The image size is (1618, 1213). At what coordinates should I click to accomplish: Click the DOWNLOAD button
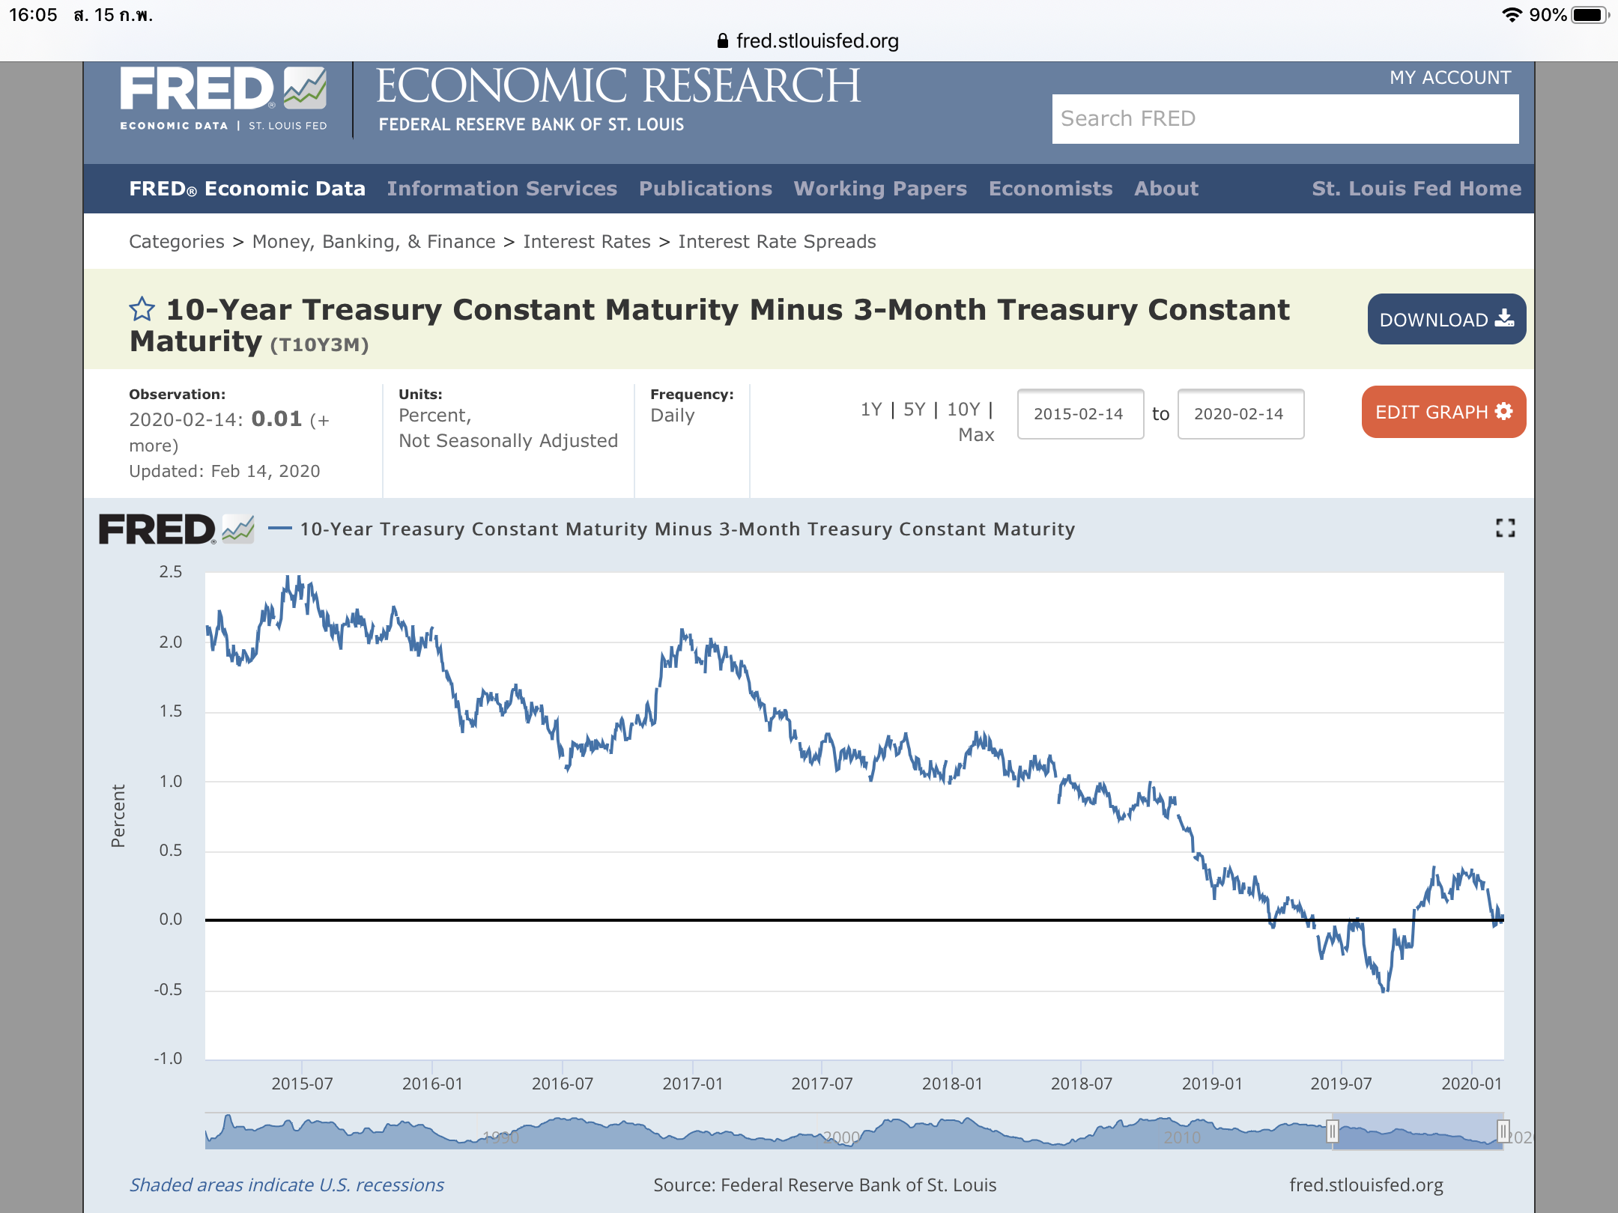[1446, 319]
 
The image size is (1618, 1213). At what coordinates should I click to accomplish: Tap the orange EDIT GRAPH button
[1443, 412]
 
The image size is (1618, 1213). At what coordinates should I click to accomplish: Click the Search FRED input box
[1285, 119]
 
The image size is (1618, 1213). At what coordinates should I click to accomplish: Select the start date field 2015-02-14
[1079, 414]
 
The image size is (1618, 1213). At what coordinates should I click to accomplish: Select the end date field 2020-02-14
[1240, 414]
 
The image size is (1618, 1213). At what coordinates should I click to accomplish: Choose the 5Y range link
[914, 410]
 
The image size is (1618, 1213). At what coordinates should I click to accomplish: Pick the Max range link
[976, 435]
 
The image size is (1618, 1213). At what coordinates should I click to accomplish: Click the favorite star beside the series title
[142, 309]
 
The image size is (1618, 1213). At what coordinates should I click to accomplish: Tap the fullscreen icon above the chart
[1505, 528]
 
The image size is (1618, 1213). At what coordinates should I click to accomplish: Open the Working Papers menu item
[880, 189]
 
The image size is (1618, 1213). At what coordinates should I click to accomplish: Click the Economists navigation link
[1050, 189]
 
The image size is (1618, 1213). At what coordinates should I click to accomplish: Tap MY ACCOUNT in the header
[1449, 78]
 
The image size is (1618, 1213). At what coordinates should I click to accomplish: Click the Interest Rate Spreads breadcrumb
[777, 242]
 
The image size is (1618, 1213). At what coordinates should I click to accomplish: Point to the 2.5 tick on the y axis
[171, 572]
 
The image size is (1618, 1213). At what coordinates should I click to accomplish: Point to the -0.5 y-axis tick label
[169, 990]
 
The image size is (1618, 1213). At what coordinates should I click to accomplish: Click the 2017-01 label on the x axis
[692, 1083]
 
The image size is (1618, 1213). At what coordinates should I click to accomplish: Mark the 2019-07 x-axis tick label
[1341, 1083]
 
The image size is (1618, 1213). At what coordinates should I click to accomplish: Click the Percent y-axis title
[118, 815]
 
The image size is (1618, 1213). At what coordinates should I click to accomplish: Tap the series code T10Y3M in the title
[319, 344]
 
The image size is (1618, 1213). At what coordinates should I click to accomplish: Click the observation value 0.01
[276, 419]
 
